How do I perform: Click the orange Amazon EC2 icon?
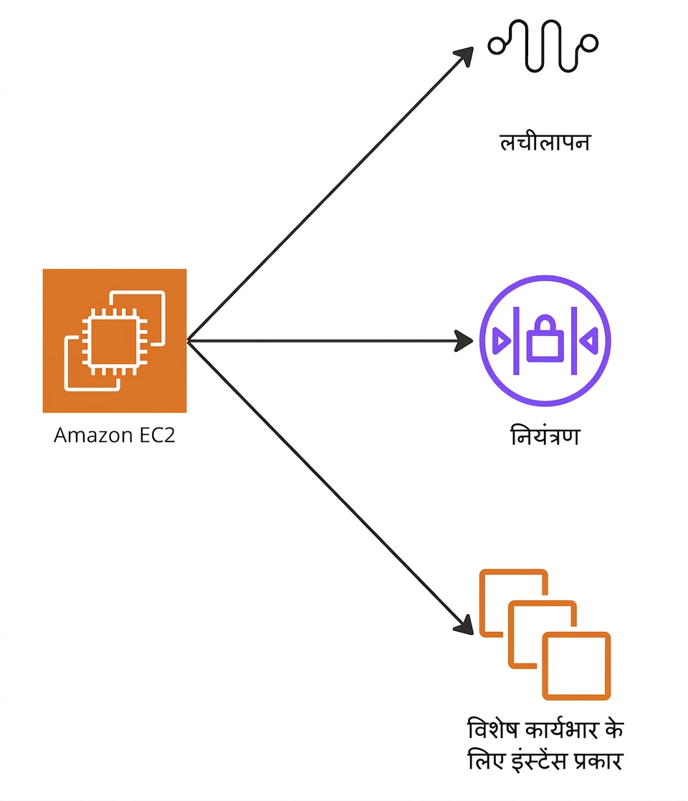coord(115,341)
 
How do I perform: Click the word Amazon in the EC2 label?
coord(94,435)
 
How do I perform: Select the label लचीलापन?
coord(545,142)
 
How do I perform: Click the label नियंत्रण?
coord(545,436)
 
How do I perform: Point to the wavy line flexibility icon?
coord(543,46)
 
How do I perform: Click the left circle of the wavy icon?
coord(497,45)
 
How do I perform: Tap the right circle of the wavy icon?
coord(589,43)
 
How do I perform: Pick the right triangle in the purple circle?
coord(589,341)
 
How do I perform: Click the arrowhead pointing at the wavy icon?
coord(464,56)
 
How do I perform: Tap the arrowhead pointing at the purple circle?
coord(464,341)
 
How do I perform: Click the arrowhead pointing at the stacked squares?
coord(464,625)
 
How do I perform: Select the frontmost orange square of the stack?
coord(577,666)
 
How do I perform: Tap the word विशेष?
coord(493,729)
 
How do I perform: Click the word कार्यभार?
coord(561,729)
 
